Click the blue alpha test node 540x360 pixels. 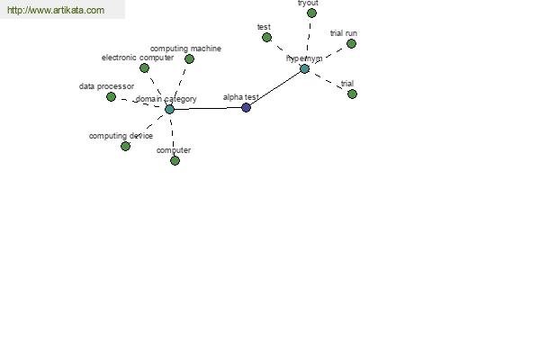point(246,107)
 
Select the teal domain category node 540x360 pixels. point(169,110)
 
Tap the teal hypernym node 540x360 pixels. point(305,69)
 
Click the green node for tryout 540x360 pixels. point(311,13)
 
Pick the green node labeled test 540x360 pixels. point(266,38)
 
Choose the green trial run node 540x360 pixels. point(351,44)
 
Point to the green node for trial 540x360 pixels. point(352,94)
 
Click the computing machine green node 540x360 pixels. point(189,58)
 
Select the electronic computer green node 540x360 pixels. point(144,67)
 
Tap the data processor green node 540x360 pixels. point(111,97)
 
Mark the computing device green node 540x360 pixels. point(125,146)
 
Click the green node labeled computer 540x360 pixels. point(175,160)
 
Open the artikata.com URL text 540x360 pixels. point(56,10)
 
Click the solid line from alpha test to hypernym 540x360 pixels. point(275,88)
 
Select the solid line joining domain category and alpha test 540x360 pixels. point(208,109)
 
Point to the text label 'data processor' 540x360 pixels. point(106,86)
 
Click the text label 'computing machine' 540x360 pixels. point(185,49)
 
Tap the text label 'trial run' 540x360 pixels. point(344,33)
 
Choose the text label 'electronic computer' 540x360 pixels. point(138,58)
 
